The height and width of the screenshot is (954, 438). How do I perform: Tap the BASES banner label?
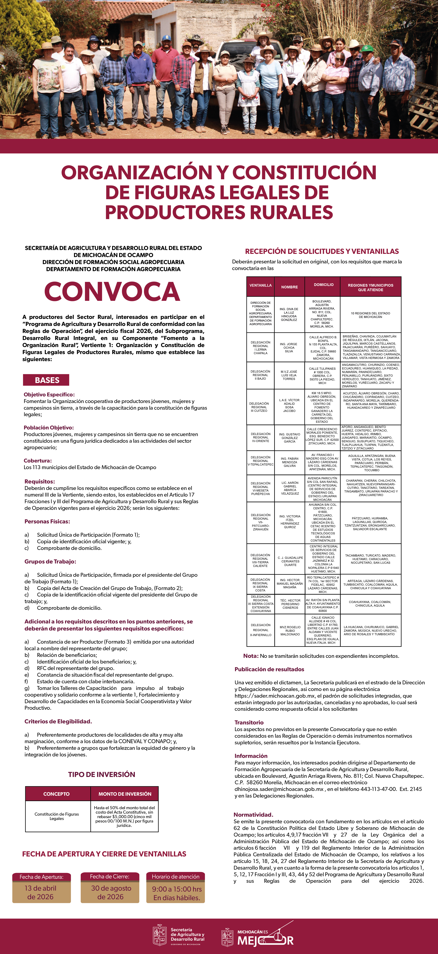(x=47, y=380)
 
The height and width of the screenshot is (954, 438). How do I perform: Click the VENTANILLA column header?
(x=261, y=286)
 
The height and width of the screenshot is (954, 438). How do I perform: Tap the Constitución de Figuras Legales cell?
(x=57, y=816)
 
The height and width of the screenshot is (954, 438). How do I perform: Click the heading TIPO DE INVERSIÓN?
(x=102, y=771)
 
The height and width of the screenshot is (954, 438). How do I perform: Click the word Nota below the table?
(x=250, y=656)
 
